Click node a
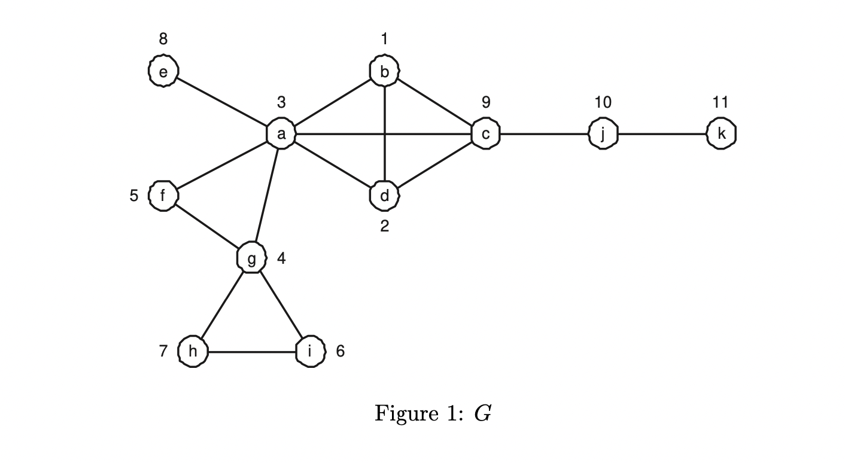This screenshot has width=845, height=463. [x=281, y=134]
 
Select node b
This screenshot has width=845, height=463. [x=384, y=72]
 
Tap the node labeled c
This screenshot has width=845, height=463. [x=485, y=134]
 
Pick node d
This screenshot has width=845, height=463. [x=384, y=196]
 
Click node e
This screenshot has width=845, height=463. [x=163, y=72]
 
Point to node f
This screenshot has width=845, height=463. [x=163, y=196]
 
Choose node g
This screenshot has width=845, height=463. [x=251, y=258]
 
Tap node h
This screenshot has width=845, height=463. [x=193, y=351]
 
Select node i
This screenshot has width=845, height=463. [x=310, y=351]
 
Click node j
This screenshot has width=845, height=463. [x=603, y=134]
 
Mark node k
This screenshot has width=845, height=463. [x=721, y=134]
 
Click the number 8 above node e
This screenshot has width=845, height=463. [x=163, y=39]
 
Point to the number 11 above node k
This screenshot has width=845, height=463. [x=721, y=102]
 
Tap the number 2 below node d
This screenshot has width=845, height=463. [x=384, y=226]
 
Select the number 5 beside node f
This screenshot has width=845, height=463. [x=134, y=196]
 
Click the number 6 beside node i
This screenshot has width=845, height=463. [x=340, y=351]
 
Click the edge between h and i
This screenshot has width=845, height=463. [x=251, y=352]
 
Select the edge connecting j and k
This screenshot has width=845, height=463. [x=662, y=134]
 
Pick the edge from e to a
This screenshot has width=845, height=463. [x=221, y=103]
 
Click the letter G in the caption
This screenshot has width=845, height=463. [x=482, y=413]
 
